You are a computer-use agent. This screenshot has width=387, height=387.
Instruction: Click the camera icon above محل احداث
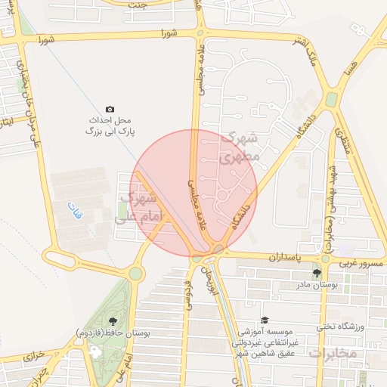point(110,110)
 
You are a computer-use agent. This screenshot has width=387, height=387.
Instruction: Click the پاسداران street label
point(285,258)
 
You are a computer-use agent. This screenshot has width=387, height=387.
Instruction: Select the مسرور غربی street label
point(363,262)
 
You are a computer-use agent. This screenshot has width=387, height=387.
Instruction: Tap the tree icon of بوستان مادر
point(317,273)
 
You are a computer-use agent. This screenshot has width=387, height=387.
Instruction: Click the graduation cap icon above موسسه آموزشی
point(265,320)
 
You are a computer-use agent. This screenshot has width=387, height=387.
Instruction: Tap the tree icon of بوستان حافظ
point(113,321)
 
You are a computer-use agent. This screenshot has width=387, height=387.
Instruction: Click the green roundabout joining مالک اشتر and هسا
point(331,99)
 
